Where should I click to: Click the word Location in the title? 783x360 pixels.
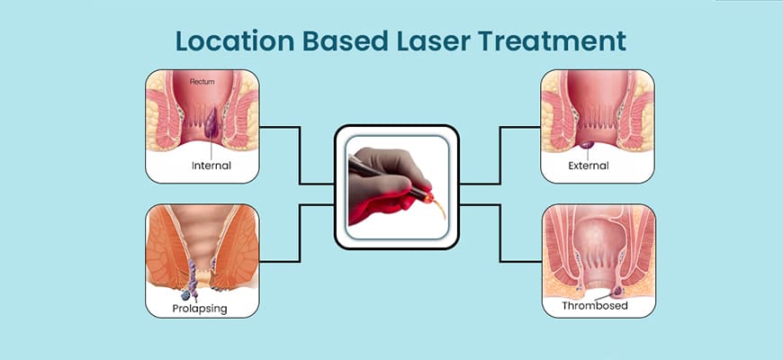[235, 40]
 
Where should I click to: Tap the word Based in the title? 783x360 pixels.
[346, 40]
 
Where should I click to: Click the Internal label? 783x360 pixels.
[211, 166]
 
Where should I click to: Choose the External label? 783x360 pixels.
[589, 166]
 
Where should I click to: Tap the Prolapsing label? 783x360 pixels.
[200, 309]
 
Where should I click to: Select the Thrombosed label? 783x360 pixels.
[595, 305]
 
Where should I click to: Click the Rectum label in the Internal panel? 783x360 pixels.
[202, 81]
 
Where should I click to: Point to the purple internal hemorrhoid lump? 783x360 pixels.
[211, 124]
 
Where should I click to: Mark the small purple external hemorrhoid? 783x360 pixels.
[587, 145]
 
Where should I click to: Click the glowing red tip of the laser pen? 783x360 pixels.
[428, 199]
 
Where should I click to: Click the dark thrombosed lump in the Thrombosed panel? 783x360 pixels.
[618, 290]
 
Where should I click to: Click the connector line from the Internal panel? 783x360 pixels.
[299, 156]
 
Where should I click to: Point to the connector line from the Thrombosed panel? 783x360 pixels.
[499, 233]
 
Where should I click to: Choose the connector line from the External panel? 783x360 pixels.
[499, 156]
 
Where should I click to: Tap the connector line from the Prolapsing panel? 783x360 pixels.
[299, 233]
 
